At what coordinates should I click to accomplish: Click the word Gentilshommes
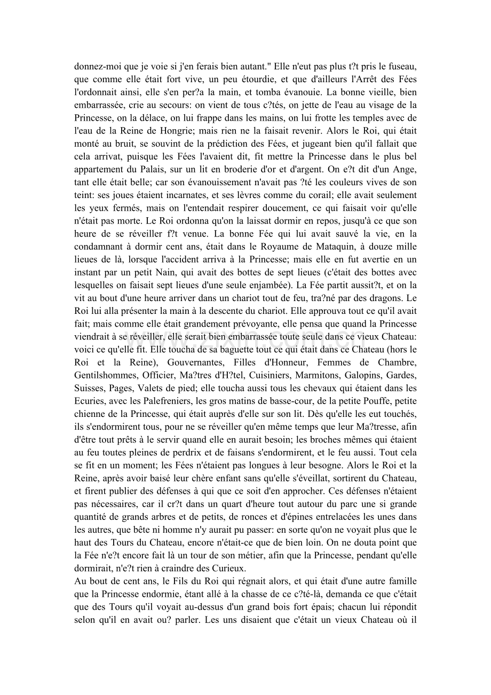point(105,375)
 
